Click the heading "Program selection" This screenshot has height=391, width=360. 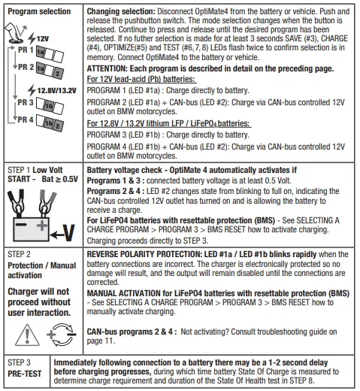tap(39, 11)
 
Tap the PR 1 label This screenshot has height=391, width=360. tap(26, 50)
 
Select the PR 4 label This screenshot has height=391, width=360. tap(26, 120)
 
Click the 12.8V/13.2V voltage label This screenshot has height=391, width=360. tap(57, 90)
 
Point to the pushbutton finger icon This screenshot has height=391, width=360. tap(15, 32)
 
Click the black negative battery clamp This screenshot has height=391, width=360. tap(17, 203)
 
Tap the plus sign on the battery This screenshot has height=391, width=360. tap(42, 225)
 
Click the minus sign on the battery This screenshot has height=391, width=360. tap(21, 224)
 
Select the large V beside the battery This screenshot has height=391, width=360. tap(68, 233)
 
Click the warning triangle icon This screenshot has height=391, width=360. tap(27, 335)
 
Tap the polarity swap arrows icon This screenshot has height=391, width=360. tap(62, 335)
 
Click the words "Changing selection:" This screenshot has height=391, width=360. tap(121, 11)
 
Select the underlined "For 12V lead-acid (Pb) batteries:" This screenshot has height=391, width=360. tap(141, 79)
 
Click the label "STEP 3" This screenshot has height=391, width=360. tap(19, 362)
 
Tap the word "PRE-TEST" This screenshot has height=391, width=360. tap(25, 374)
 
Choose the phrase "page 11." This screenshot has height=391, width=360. tap(101, 341)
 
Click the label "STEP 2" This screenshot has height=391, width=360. tap(19, 254)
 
